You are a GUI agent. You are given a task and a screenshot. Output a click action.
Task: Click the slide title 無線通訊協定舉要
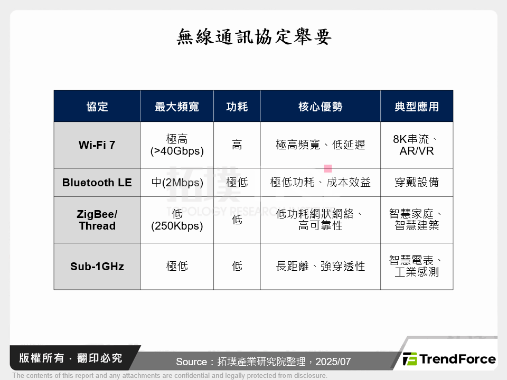click(x=253, y=37)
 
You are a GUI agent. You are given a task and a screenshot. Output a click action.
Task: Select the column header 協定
click(x=97, y=107)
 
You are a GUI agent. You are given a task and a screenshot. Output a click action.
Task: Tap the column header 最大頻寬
click(x=177, y=107)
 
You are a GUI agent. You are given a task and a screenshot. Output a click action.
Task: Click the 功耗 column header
click(x=237, y=107)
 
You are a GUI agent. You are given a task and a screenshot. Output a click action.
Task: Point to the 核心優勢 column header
click(x=320, y=107)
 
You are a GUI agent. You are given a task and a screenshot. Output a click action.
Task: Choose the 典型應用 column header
click(x=417, y=107)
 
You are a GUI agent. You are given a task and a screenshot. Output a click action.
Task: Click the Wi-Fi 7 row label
click(x=97, y=145)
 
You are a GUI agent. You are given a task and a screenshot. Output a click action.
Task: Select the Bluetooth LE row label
click(x=97, y=183)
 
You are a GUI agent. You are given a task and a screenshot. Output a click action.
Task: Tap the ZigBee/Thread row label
click(x=97, y=220)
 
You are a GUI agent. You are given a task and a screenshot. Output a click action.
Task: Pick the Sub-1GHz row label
click(x=97, y=267)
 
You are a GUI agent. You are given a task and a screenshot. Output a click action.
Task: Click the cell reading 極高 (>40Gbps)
click(x=177, y=145)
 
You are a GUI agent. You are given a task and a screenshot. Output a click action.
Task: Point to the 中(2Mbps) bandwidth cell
click(x=177, y=183)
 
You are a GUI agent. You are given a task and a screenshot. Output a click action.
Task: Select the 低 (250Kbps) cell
click(x=177, y=220)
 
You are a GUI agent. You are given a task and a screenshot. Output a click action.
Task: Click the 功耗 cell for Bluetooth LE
click(x=237, y=183)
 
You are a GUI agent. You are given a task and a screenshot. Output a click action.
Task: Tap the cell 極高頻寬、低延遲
click(x=320, y=145)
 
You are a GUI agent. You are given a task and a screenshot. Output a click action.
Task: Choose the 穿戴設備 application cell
click(x=417, y=183)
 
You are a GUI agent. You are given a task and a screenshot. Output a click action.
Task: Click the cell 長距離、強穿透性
click(x=320, y=267)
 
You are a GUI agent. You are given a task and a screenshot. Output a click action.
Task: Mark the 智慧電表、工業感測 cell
click(x=417, y=266)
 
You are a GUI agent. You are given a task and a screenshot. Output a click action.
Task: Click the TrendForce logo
click(x=449, y=359)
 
